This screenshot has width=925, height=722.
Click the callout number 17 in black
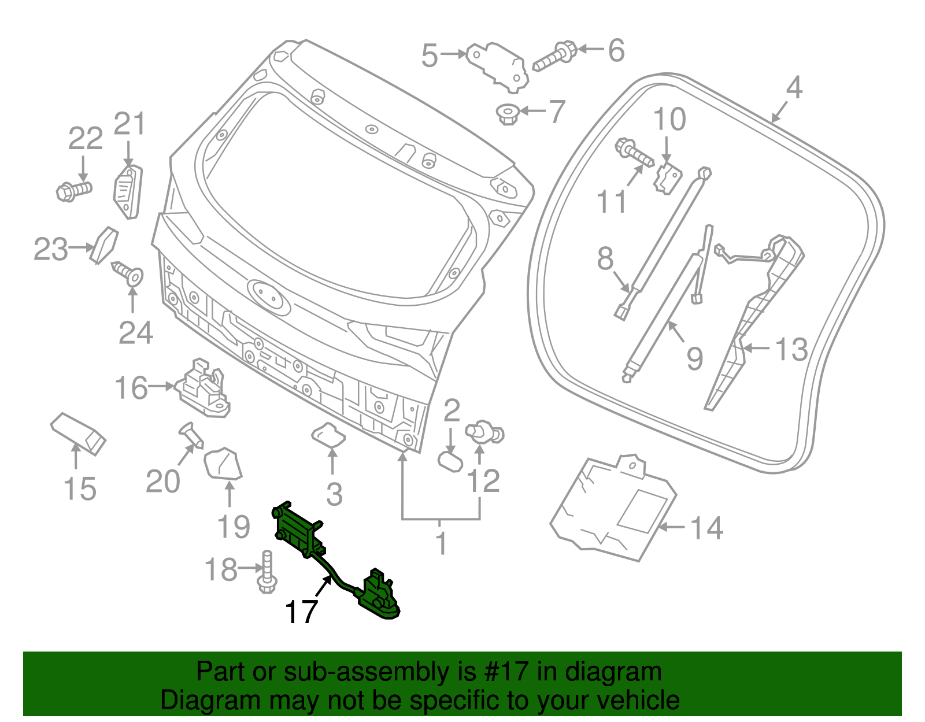(301, 612)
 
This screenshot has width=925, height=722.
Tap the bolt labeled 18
(267, 572)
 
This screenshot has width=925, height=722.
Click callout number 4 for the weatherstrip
(794, 88)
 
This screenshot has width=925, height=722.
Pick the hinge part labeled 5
(498, 65)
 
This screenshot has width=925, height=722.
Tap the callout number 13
(790, 350)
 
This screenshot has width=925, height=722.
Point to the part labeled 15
(79, 434)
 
